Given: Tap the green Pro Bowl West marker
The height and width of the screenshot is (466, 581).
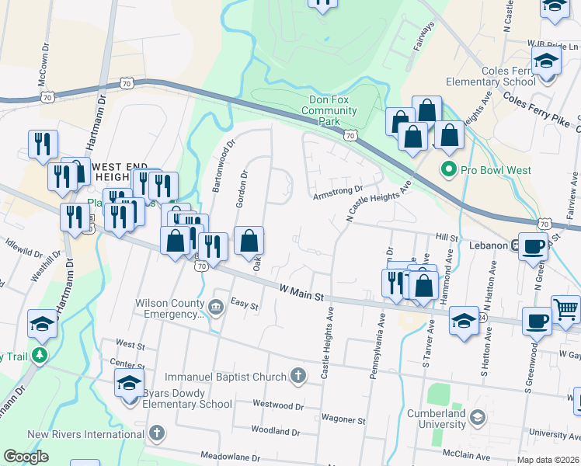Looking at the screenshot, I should point(448,169).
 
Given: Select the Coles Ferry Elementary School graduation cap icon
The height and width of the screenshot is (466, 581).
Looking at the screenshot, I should point(546,60).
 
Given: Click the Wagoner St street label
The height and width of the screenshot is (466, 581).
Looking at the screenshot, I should point(343,420).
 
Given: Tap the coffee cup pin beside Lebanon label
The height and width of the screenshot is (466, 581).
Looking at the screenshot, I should point(533,246).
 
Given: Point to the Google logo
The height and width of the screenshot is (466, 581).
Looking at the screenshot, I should point(26,457).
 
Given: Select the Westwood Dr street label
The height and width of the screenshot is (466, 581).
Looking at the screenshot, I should point(278,405).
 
